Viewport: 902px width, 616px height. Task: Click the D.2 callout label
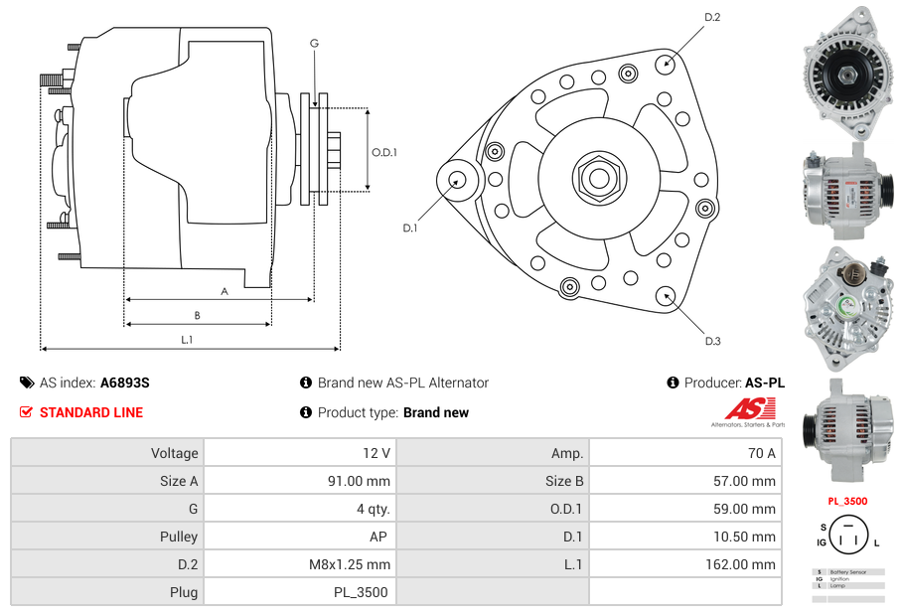(712, 18)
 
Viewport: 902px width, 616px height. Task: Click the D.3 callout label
(712, 341)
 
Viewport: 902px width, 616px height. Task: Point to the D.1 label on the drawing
(409, 229)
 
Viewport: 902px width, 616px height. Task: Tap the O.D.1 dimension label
(384, 152)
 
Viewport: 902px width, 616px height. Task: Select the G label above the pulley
(314, 43)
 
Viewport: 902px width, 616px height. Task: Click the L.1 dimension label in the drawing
(186, 340)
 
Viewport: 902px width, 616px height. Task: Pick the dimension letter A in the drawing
(225, 291)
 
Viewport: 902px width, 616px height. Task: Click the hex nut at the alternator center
(598, 178)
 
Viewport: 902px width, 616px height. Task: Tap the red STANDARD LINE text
(90, 412)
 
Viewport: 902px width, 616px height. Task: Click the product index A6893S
(124, 383)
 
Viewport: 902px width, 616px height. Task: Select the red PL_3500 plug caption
(846, 502)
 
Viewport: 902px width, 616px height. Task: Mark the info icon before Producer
(673, 383)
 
